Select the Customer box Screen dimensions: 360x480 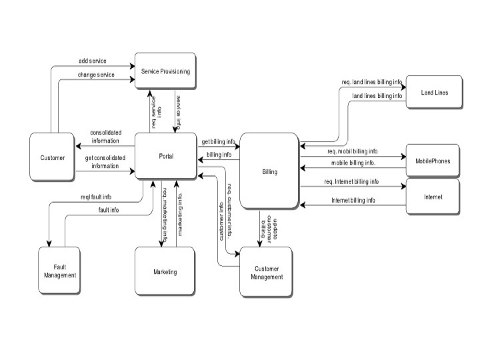point(53,158)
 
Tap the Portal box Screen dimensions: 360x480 point(166,156)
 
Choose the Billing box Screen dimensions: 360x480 point(269,172)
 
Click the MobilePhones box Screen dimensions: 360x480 point(433,161)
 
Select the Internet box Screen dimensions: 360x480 point(433,197)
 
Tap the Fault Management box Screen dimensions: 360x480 point(60,271)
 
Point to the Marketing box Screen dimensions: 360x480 point(165,272)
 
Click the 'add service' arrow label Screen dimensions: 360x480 point(92,61)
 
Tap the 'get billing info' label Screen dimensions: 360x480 point(218,142)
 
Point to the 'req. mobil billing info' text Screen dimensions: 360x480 point(352,151)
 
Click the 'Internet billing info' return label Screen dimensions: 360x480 point(353,200)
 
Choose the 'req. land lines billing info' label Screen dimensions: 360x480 point(372,83)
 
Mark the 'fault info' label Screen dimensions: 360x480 point(109,210)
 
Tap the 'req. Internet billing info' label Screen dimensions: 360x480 point(351,181)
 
